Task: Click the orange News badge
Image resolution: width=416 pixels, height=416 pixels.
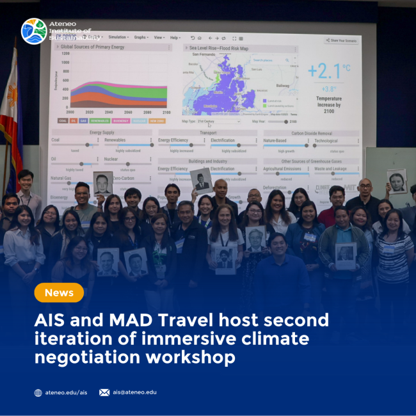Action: tap(59, 293)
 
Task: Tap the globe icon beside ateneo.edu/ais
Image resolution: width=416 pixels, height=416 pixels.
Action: tap(38, 392)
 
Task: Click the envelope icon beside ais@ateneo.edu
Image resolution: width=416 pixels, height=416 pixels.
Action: tap(104, 392)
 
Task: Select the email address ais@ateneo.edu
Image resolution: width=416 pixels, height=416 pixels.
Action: tap(134, 392)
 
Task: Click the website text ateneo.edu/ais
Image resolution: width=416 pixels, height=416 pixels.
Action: tap(66, 392)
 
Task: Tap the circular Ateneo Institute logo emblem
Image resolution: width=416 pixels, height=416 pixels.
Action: tap(33, 31)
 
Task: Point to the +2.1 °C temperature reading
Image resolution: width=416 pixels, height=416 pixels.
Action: tap(328, 70)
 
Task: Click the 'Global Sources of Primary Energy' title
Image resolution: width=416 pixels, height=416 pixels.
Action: tap(93, 47)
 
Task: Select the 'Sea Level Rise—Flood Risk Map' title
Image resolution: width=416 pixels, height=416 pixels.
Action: tap(218, 47)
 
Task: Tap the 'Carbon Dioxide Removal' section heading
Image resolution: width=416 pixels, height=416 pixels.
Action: tap(310, 132)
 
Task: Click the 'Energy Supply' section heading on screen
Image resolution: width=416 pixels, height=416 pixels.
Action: tap(102, 132)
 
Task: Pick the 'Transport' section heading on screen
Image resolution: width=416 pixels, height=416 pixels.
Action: tap(207, 132)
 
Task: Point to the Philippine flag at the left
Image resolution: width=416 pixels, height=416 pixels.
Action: tap(10, 109)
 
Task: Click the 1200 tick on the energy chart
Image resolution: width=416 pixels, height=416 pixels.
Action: tap(65, 54)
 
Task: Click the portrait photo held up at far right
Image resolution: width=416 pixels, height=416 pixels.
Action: tap(397, 180)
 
